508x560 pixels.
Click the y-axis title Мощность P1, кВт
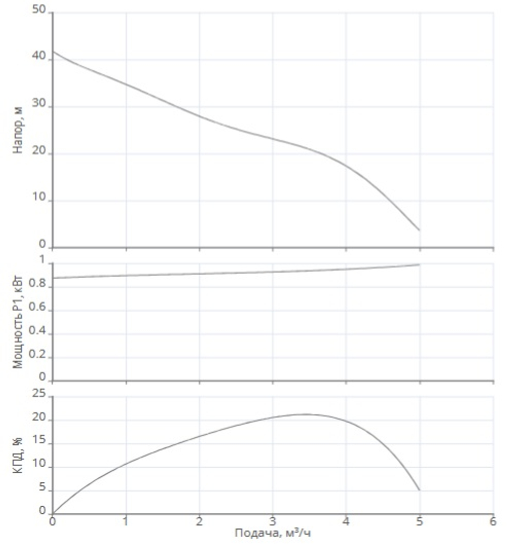coord(19,321)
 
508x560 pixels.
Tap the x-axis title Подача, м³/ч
coord(272,533)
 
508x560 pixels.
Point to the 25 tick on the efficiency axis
coord(39,395)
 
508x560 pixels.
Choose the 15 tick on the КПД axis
coord(39,443)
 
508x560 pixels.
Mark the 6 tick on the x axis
coord(492,521)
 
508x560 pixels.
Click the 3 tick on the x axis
coord(272,521)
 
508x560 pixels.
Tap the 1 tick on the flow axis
coord(125,521)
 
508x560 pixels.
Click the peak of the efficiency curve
coord(305,414)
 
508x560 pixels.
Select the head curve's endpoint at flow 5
coord(419,230)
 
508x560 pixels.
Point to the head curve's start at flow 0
coord(53,51)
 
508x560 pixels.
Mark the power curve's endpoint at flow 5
coord(419,265)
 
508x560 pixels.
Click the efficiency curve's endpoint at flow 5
coord(419,490)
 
